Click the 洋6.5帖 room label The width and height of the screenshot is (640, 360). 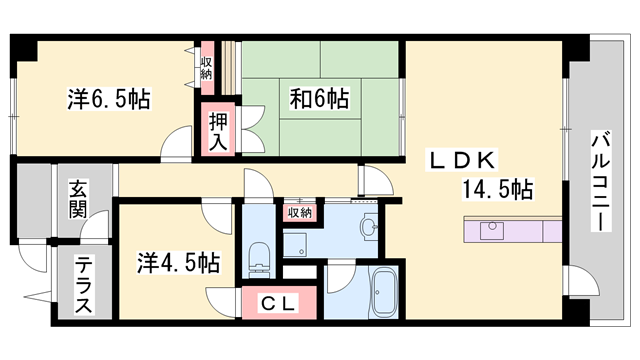point(109,100)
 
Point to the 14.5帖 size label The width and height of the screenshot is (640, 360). point(497,189)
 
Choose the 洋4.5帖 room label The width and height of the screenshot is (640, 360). point(179,265)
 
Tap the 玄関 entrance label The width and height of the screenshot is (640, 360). point(77,198)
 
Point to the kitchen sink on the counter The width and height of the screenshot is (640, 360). point(491,230)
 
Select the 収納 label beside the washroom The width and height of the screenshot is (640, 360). point(300,212)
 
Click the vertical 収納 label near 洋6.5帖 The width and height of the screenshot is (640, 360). point(206,69)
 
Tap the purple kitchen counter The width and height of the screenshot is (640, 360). point(512,230)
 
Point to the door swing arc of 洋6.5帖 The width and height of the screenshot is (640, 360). point(178,144)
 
